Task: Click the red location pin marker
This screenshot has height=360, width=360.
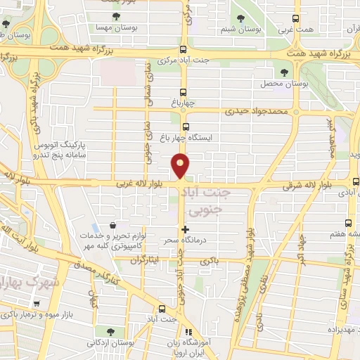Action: coord(181,165)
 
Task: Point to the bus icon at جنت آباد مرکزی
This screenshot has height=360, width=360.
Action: coord(184,49)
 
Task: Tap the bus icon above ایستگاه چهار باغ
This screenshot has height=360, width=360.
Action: coord(186,127)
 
